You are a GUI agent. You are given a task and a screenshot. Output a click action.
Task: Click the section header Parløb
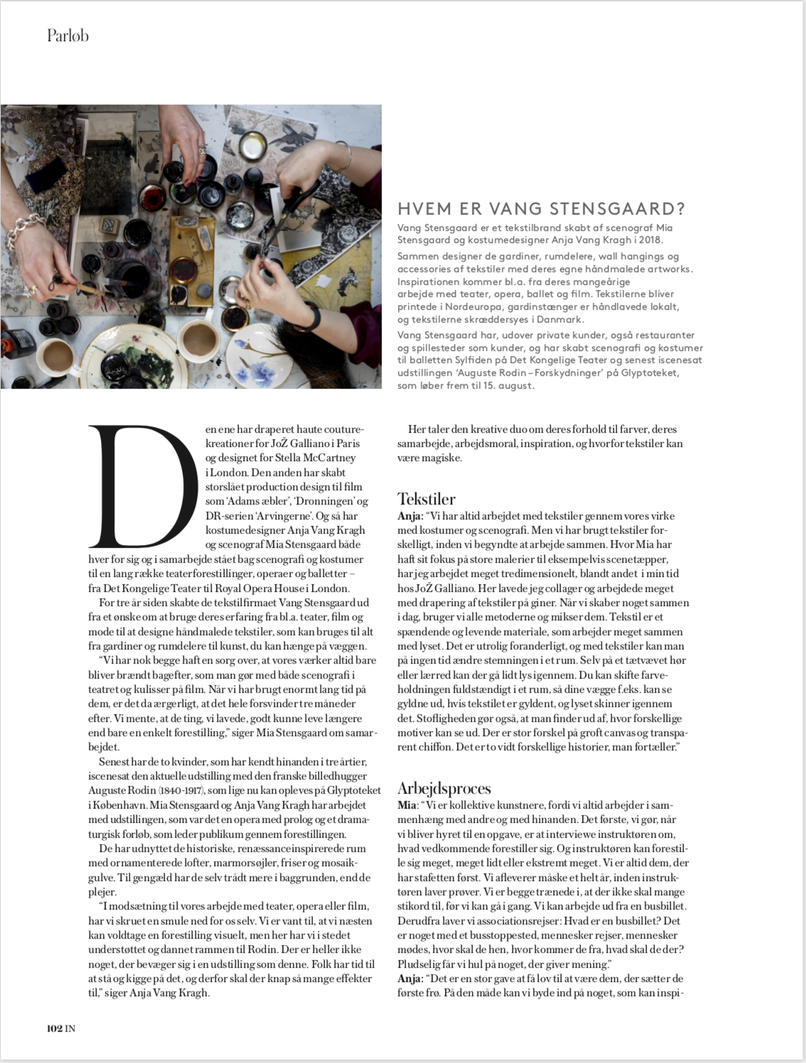pyautogui.click(x=68, y=35)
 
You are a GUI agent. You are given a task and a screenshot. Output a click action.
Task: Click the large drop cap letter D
pyautogui.click(x=142, y=482)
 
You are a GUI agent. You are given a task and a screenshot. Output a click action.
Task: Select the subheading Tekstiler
pyautogui.click(x=426, y=499)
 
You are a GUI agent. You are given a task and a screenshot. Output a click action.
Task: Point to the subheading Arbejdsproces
pyautogui.click(x=444, y=788)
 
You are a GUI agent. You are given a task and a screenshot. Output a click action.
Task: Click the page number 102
pyautogui.click(x=55, y=1028)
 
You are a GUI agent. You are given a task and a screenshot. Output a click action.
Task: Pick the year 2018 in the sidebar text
pyautogui.click(x=648, y=240)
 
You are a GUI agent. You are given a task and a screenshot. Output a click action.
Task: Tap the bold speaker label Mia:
pyautogui.click(x=407, y=805)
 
